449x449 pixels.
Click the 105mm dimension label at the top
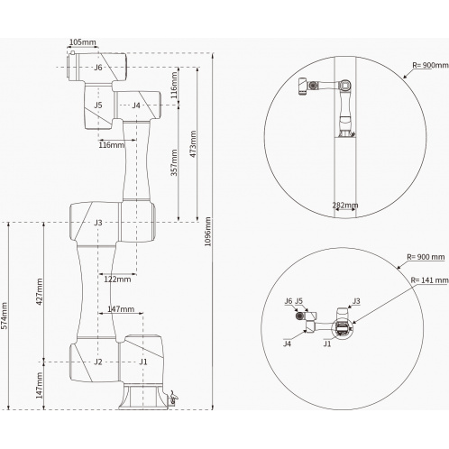[83, 42]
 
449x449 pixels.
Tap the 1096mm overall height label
[207, 232]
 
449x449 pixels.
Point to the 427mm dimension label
[40, 291]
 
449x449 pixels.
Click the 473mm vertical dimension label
[193, 144]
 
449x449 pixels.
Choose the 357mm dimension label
[174, 162]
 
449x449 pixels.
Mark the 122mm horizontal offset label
[117, 279]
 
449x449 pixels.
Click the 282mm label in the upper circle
[345, 206]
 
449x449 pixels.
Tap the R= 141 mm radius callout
[430, 280]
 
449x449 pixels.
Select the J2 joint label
[98, 362]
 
